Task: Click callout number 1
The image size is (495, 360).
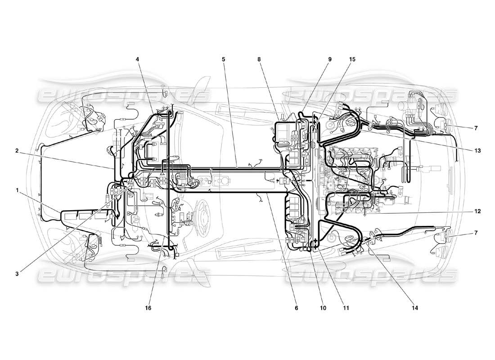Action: point(18,190)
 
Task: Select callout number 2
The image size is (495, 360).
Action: point(18,151)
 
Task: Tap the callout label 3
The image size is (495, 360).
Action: point(18,273)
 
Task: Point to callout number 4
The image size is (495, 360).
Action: point(138,59)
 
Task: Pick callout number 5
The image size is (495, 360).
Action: point(223,59)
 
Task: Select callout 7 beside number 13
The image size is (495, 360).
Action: point(476,128)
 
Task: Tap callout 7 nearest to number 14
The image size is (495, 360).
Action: point(476,233)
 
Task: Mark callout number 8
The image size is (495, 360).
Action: point(260,59)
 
